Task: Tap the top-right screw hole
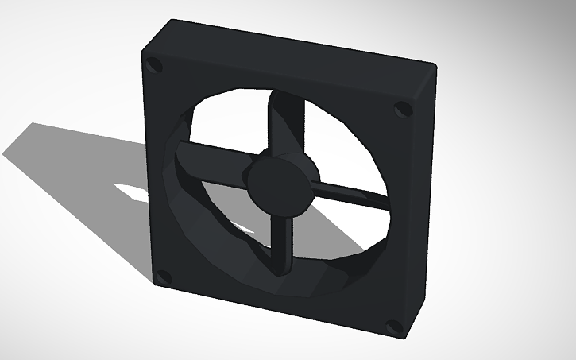[404, 108]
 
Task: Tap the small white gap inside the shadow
[131, 192]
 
